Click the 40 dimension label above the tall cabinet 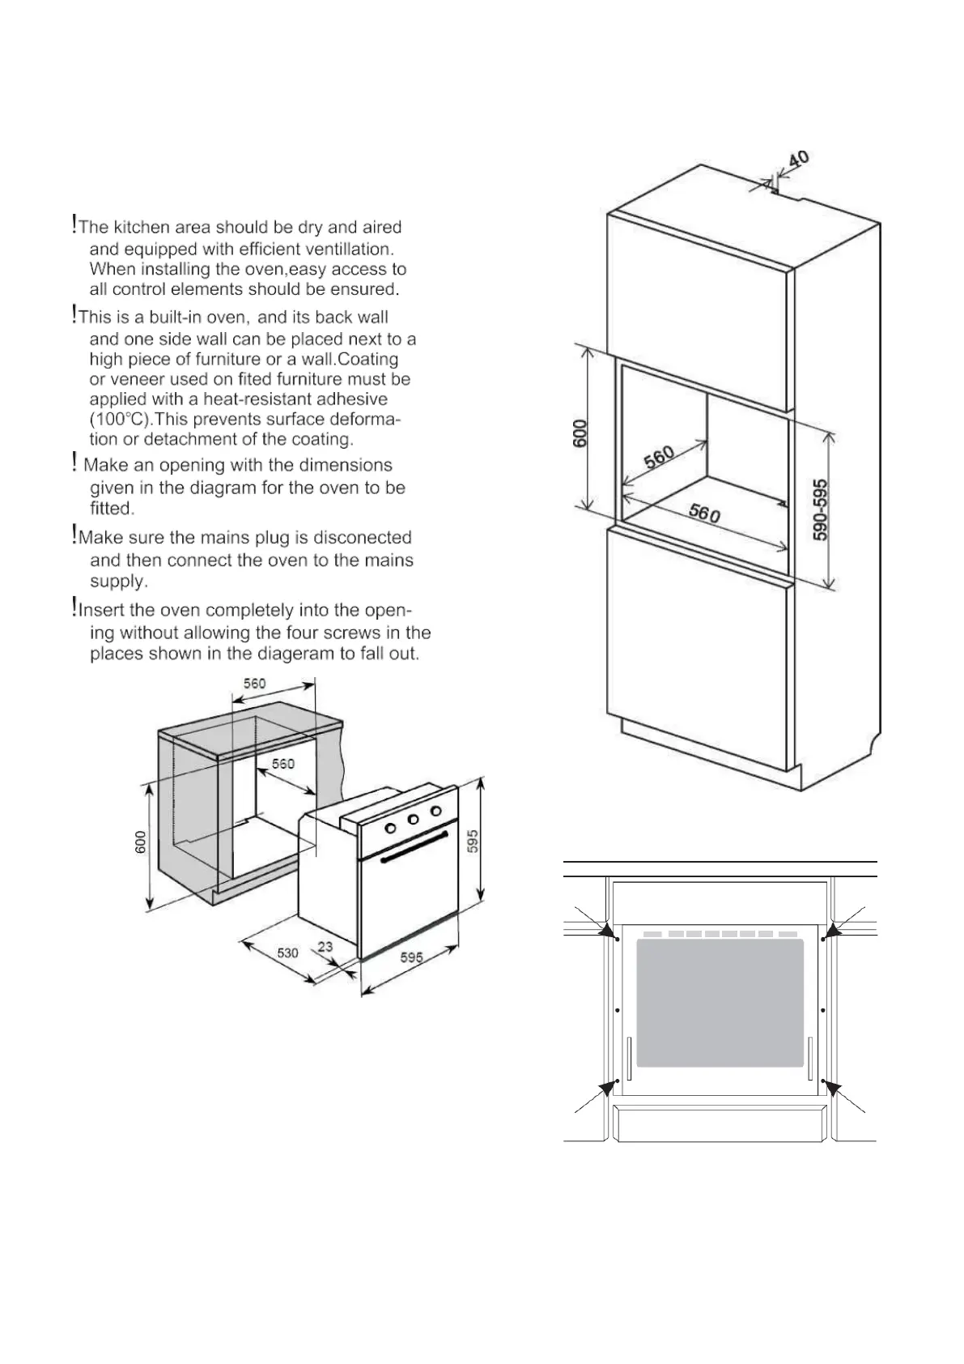tap(797, 160)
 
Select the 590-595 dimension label tap(821, 509)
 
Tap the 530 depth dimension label tap(288, 953)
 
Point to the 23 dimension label tap(325, 946)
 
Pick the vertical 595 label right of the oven tap(474, 840)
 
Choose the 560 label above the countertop tap(255, 684)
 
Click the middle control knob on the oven tap(413, 820)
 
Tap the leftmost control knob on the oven tap(389, 828)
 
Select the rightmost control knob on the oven tap(435, 811)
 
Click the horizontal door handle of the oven tap(414, 846)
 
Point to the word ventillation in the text tap(346, 249)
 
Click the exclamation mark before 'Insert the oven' tap(74, 606)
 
